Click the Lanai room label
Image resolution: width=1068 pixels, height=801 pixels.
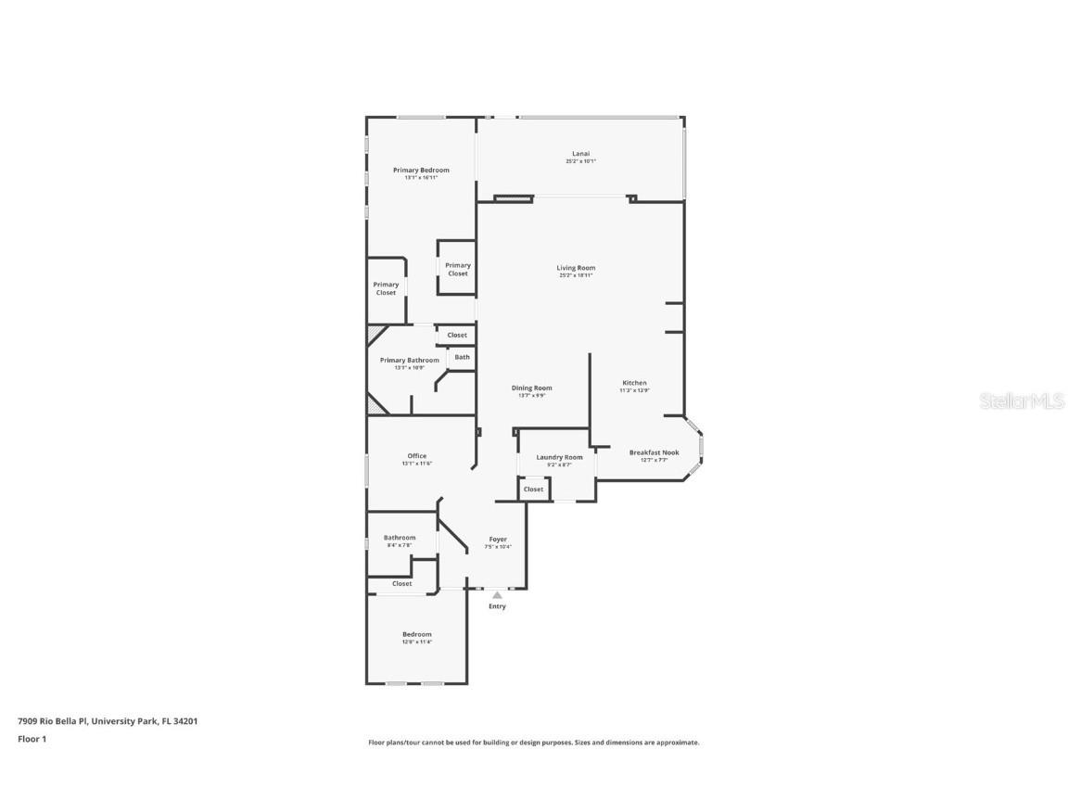coord(580,154)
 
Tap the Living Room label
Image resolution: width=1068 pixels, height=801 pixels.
coord(576,268)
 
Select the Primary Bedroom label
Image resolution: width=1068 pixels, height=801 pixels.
coord(421,170)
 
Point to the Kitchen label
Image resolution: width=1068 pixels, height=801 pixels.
coord(634,383)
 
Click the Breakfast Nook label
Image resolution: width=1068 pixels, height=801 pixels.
coord(654,452)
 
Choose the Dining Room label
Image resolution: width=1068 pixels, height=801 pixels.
coord(531,388)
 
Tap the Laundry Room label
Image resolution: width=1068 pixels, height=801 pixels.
coord(559,457)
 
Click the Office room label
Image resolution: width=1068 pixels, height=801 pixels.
coord(417,456)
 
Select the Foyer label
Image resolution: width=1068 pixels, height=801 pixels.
coord(498,540)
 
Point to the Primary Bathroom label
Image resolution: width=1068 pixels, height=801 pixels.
coord(410,360)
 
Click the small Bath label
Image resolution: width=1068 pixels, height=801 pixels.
coord(462,357)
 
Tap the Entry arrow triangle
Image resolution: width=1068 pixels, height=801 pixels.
coord(497,595)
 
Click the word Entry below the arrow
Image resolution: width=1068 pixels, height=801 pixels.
coord(497,606)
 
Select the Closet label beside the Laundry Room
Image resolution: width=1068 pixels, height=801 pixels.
coord(533,489)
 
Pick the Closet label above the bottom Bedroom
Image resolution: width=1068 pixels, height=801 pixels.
coord(401,584)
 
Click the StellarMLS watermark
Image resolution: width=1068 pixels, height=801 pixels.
coord(1022,401)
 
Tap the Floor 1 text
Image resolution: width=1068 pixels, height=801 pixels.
coord(32,739)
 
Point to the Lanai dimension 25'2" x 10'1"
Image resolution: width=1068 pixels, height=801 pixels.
coord(580,161)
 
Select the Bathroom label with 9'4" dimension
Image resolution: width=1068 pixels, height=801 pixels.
coord(400,538)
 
